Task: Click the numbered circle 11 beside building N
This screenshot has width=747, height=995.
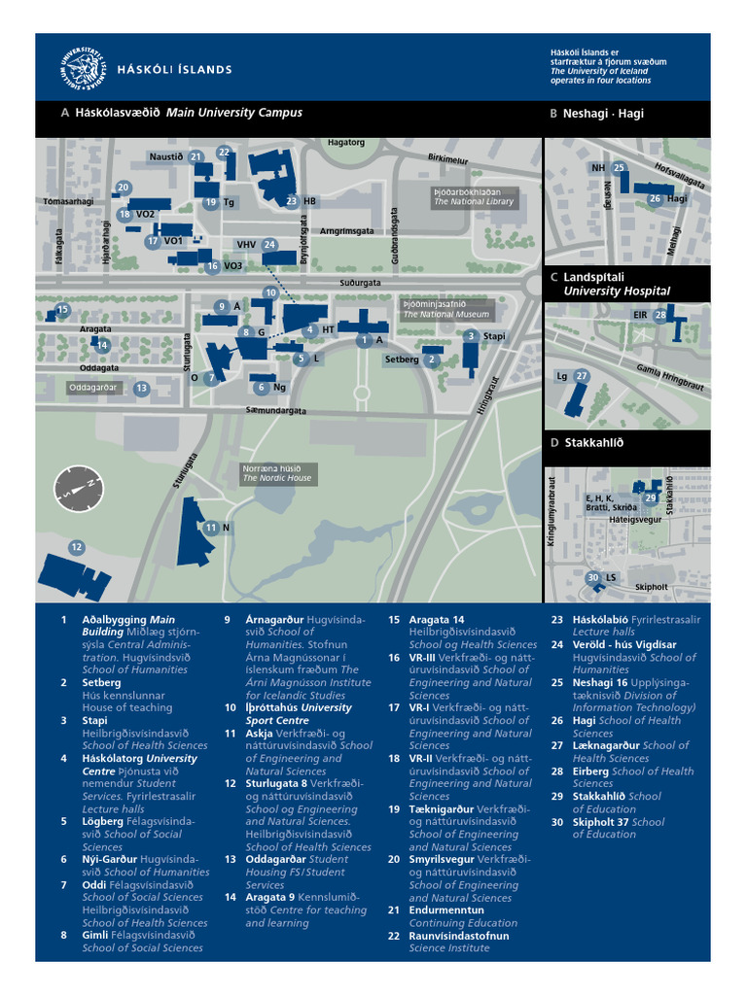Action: pyautogui.click(x=211, y=527)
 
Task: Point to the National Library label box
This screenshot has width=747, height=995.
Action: pyautogui.click(x=474, y=197)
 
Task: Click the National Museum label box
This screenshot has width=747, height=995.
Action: pyautogui.click(x=446, y=310)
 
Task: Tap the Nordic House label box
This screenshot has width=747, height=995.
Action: pyautogui.click(x=277, y=473)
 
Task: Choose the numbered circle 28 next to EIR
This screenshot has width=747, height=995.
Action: pyautogui.click(x=660, y=314)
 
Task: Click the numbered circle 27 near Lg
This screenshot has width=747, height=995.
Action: pyautogui.click(x=582, y=376)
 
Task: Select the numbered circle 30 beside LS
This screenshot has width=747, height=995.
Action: pyautogui.click(x=593, y=578)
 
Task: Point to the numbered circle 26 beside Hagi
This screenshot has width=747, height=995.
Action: pyautogui.click(x=655, y=198)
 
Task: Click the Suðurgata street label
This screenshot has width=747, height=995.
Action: pyautogui.click(x=360, y=283)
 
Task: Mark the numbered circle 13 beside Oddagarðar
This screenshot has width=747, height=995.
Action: pyautogui.click(x=141, y=388)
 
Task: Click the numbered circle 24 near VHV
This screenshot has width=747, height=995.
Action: pyautogui.click(x=269, y=245)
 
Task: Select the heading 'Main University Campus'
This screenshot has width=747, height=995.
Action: pyautogui.click(x=233, y=113)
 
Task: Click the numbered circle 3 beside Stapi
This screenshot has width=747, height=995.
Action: pyautogui.click(x=471, y=335)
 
